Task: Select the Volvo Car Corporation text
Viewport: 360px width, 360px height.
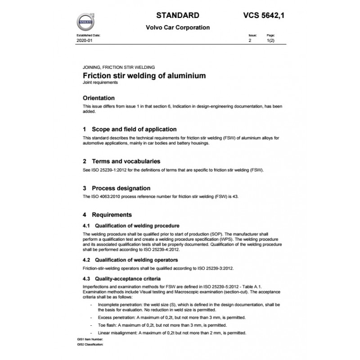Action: click(178, 27)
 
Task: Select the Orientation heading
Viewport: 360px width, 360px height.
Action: click(99, 98)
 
